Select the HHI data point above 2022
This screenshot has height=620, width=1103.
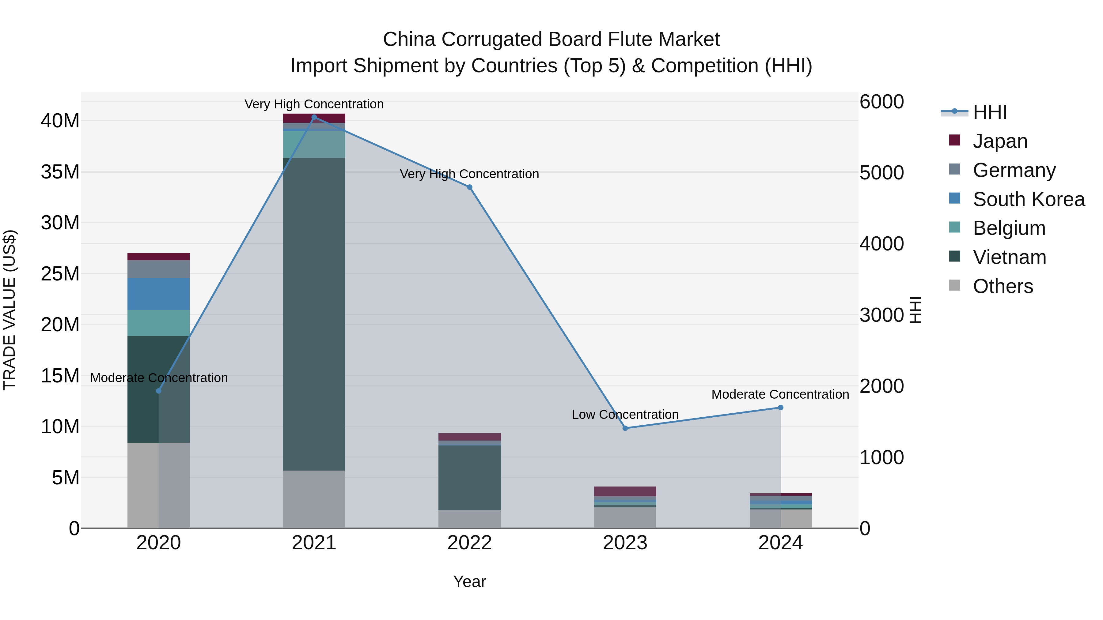469,187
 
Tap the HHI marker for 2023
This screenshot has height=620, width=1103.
625,428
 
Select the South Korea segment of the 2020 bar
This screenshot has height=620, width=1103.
158,294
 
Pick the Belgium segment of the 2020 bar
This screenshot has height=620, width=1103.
158,323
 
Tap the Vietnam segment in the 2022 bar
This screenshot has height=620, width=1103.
469,478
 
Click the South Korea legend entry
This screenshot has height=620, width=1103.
1029,199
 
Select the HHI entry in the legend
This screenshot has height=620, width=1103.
990,112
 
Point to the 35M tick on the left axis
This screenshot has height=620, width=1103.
60,172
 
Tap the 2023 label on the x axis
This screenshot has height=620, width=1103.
625,543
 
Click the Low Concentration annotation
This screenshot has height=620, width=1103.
625,415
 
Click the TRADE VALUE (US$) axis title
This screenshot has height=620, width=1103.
9,310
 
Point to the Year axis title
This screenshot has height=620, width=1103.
469,581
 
